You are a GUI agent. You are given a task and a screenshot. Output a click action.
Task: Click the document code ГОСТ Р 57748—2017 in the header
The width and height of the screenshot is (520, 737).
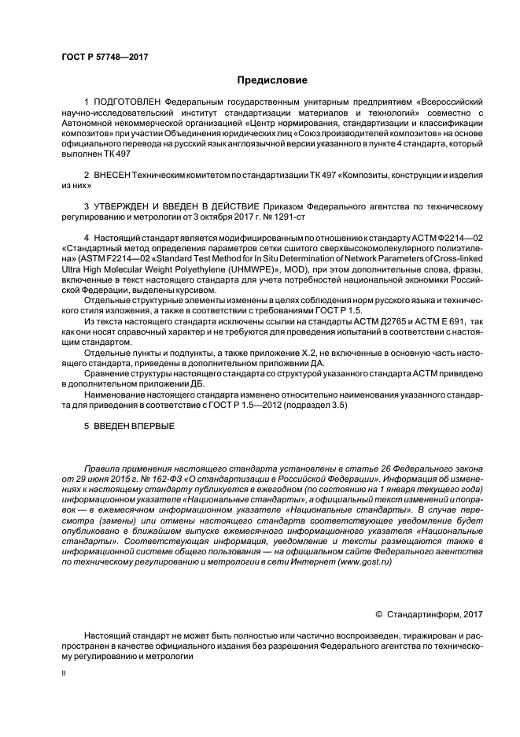[105, 57]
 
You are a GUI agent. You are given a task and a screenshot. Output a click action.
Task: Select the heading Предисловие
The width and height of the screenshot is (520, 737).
[271, 80]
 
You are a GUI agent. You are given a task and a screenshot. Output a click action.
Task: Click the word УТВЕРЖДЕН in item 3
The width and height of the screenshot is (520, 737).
[124, 206]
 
